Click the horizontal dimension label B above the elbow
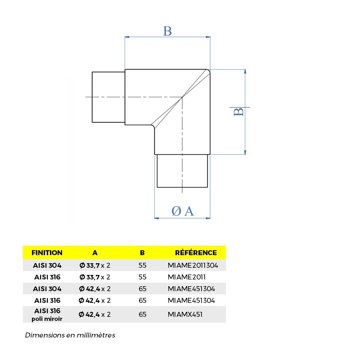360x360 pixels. (167, 31)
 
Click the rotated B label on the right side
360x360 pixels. (239, 111)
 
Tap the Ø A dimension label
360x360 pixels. (183, 211)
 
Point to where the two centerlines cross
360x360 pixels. (182, 97)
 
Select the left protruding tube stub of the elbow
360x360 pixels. (108, 97)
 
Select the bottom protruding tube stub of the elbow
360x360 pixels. (182, 171)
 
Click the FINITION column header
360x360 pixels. (47, 252)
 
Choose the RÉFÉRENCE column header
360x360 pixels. (196, 252)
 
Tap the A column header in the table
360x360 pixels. (95, 252)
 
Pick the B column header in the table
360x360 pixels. (142, 252)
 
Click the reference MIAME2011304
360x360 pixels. (193, 265)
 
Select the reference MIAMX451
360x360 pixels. (185, 314)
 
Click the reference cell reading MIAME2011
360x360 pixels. (187, 277)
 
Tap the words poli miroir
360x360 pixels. (47, 319)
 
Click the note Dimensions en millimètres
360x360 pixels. (70, 335)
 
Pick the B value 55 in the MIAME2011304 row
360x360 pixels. (143, 265)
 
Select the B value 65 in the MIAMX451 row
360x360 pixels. (143, 314)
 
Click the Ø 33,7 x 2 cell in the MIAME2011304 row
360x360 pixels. (95, 265)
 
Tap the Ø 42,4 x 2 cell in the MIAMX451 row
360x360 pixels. (94, 314)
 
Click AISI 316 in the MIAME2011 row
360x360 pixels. (47, 277)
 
